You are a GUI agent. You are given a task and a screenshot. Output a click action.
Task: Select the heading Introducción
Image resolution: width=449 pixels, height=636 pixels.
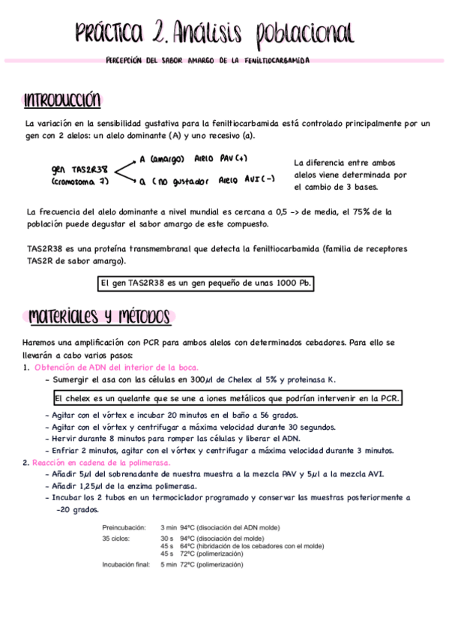62,100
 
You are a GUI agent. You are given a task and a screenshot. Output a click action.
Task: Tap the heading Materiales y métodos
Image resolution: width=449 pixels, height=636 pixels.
100,317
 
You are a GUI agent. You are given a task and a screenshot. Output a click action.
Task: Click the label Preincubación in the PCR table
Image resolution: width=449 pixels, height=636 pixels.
124,528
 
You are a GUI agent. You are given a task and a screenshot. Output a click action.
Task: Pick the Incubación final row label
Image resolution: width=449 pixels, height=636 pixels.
126,564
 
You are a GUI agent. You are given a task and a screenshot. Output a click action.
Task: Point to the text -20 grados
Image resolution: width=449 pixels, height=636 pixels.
78,508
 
